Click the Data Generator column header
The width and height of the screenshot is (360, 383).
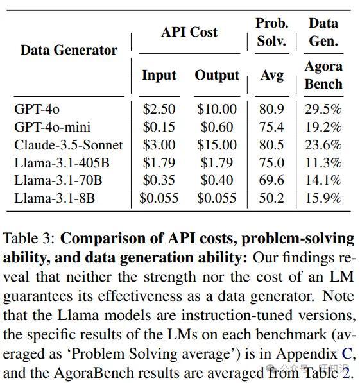69,50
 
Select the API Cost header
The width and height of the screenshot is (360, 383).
189,32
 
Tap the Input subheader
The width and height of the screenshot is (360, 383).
159,75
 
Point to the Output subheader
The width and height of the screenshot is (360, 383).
217,75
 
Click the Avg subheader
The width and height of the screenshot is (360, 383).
272,75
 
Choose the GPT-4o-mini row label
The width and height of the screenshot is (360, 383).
53,127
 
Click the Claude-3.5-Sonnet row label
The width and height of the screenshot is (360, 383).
69,145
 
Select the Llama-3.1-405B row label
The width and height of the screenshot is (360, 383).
62,163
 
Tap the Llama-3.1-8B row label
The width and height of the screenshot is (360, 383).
55,198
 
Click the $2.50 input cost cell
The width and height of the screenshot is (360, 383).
159,109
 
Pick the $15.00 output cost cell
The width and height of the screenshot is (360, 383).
217,145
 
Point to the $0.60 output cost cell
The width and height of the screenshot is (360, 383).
217,127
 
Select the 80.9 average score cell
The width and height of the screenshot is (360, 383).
271,109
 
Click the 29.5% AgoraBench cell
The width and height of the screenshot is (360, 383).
323,109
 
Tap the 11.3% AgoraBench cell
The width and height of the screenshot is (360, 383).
323,163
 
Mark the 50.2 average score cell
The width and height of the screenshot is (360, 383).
271,198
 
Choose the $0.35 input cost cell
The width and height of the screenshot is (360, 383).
159,180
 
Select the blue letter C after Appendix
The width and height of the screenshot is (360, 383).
347,353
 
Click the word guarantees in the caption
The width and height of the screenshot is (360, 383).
38,296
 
